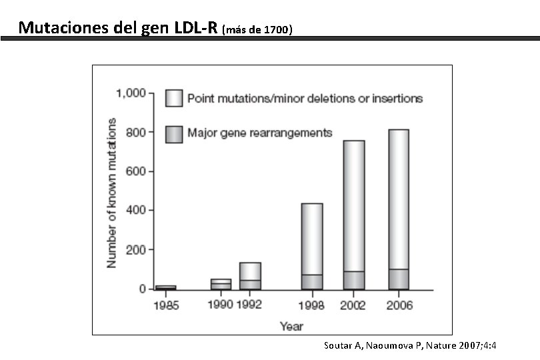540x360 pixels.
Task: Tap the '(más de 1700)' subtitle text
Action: coord(257,30)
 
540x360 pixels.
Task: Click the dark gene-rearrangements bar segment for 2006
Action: coord(399,279)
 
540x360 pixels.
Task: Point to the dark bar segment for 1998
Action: coord(312,281)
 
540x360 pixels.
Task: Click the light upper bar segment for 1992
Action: coord(250,271)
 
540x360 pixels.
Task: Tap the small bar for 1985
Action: coord(165,287)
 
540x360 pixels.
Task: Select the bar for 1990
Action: coord(221,284)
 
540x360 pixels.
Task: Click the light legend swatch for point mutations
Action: coord(174,98)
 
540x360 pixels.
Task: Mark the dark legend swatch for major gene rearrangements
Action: coord(174,133)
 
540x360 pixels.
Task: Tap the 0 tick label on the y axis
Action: coord(142,289)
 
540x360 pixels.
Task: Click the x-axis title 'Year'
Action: coord(291,326)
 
